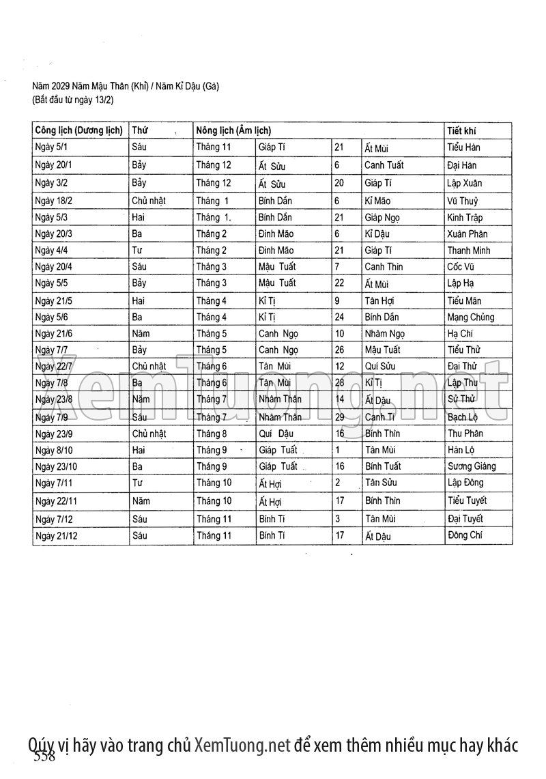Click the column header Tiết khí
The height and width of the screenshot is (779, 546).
pos(461,130)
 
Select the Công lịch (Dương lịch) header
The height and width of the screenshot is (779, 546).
pos(78,130)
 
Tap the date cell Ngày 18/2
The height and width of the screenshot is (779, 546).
pos(54,201)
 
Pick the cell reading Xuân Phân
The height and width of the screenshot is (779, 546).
pos(468,233)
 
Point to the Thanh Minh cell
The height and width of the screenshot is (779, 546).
pos(468,250)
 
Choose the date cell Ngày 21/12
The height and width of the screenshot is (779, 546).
pos(57,535)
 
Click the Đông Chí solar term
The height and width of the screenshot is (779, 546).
pos(464,535)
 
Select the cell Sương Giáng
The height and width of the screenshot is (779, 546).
pos(472,466)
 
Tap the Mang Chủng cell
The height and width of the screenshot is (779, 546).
pos(471,317)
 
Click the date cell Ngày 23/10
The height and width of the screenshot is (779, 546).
pos(57,466)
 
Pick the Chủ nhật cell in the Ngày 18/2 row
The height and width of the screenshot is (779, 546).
pos(149,201)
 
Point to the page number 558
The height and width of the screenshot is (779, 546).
pos(44,756)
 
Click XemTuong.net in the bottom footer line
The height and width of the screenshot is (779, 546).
pos(242,744)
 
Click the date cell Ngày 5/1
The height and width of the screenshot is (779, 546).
pos(52,147)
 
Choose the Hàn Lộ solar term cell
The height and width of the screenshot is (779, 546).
pos(461,449)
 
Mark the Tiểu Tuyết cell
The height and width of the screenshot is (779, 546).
pos(467,500)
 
